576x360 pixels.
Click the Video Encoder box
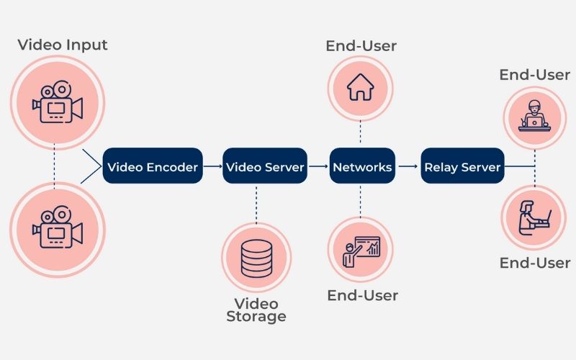pyautogui.click(x=152, y=167)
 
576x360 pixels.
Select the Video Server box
pyautogui.click(x=265, y=167)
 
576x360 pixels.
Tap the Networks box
pyautogui.click(x=362, y=167)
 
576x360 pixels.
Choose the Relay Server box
pyautogui.click(x=462, y=167)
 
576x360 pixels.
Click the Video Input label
pyautogui.click(x=63, y=45)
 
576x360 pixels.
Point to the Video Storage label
pyautogui.click(x=256, y=310)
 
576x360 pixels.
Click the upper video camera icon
pyautogui.click(x=57, y=102)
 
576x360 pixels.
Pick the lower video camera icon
pyautogui.click(x=57, y=228)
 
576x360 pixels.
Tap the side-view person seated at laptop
pyautogui.click(x=534, y=217)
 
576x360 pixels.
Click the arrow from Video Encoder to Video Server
pyautogui.click(x=212, y=167)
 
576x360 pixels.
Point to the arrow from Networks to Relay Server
pyautogui.click(x=408, y=167)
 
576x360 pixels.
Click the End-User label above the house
pyautogui.click(x=361, y=47)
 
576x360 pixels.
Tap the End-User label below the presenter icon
pyautogui.click(x=362, y=295)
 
